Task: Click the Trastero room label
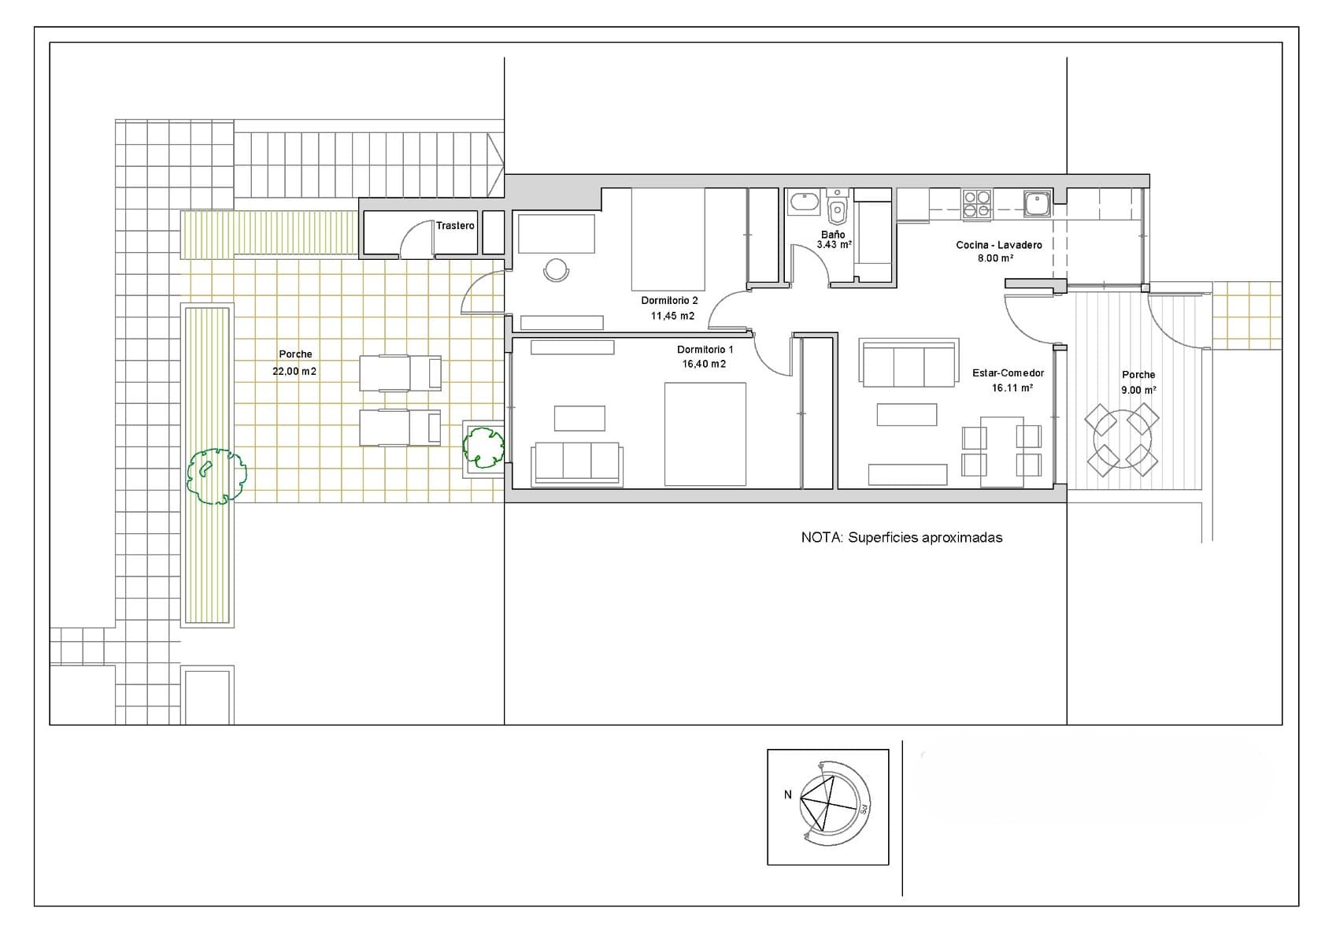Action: [x=455, y=225]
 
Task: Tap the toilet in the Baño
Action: [x=838, y=206]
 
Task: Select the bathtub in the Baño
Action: [x=805, y=202]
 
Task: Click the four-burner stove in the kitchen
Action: [x=976, y=203]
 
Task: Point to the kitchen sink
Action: [x=1038, y=203]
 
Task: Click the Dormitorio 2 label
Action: [x=669, y=301]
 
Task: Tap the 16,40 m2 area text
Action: [x=704, y=364]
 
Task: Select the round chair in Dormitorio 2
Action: [x=556, y=269]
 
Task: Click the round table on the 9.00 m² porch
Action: [x=1122, y=439]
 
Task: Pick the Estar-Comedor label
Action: [x=1008, y=372]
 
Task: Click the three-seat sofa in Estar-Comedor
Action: [x=909, y=363]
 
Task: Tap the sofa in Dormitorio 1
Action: [x=577, y=463]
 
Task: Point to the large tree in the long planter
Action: [x=216, y=476]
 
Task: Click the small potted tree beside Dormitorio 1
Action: [x=483, y=447]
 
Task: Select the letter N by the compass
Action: [x=788, y=795]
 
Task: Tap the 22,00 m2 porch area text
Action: [x=294, y=371]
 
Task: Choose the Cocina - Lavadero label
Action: [x=999, y=245]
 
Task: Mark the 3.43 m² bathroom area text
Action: [x=834, y=245]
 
